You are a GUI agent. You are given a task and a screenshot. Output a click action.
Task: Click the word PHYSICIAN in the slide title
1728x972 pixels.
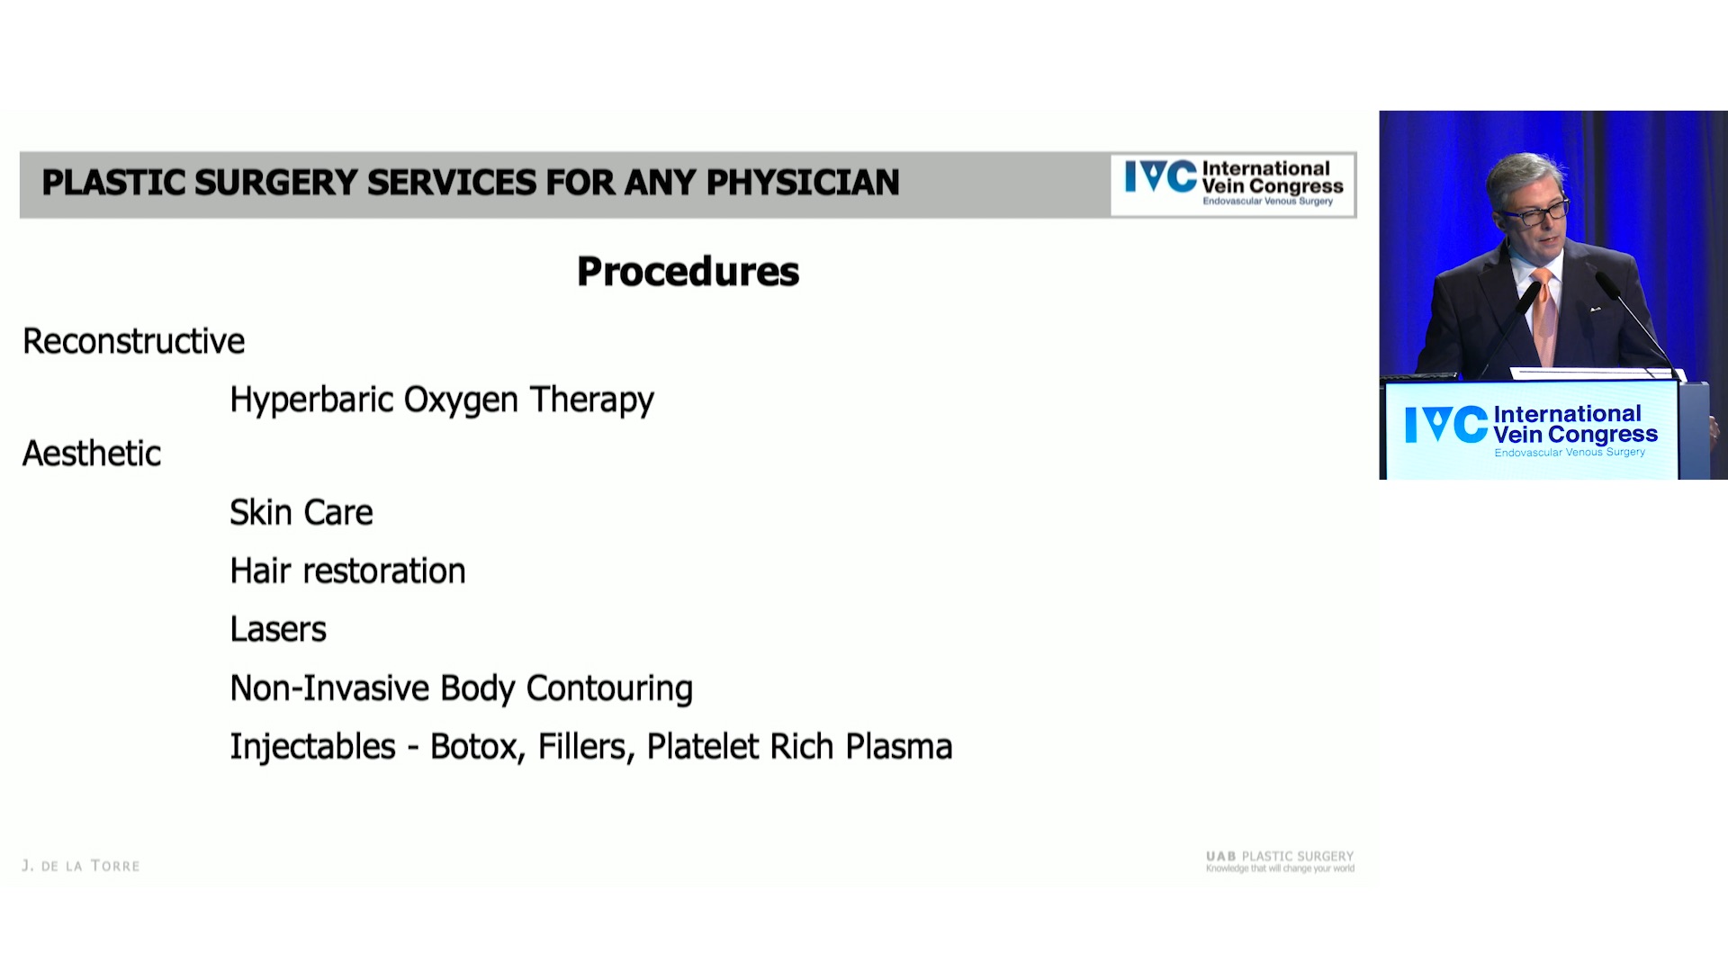803,183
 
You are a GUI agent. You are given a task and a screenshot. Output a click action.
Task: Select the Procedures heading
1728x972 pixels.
688,272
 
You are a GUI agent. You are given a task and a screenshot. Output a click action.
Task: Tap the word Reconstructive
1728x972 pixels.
134,341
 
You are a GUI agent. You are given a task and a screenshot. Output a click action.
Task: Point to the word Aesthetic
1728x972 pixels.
92,454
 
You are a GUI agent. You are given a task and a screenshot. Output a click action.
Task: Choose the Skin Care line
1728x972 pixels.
301,512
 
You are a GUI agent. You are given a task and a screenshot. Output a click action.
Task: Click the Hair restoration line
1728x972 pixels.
348,571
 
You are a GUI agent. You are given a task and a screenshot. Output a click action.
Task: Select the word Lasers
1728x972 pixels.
278,629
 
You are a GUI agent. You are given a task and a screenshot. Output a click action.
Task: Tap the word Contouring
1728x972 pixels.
609,689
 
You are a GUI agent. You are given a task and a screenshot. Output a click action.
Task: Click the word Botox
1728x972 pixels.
477,747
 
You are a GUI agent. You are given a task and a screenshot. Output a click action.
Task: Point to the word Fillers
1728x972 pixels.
586,747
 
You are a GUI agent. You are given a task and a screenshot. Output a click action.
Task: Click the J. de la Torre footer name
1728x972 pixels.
81,866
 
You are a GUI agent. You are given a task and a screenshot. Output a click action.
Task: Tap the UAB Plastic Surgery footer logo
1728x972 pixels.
1280,861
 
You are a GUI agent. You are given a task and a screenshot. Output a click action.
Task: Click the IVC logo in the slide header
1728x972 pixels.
1233,184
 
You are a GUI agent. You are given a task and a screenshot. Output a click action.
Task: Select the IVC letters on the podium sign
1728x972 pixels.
1446,425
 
